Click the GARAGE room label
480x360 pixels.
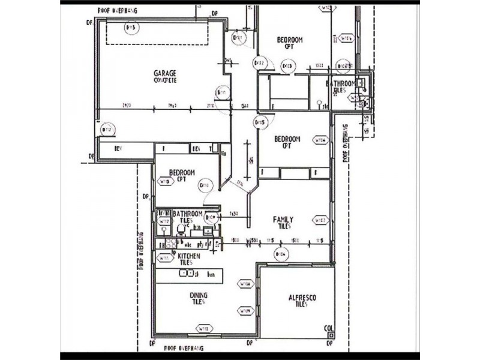[164, 73]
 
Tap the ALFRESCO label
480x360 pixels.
[302, 298]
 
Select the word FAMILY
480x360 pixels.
[283, 219]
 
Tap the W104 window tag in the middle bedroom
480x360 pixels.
[320, 141]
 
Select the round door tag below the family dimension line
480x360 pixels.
[280, 254]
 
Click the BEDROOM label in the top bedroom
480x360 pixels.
[289, 40]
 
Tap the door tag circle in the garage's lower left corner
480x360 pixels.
[108, 129]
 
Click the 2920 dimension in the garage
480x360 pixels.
[127, 106]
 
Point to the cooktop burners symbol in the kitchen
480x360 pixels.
[170, 244]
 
